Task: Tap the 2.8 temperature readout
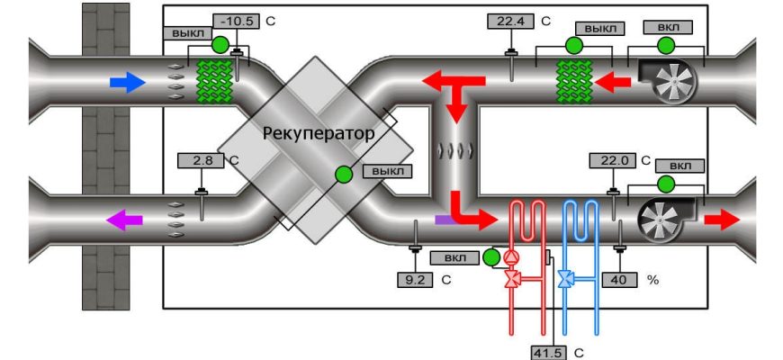tap(202, 161)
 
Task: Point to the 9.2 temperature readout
tap(415, 279)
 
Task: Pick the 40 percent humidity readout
tap(618, 279)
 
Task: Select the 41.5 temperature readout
tap(547, 352)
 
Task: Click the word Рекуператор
tap(316, 133)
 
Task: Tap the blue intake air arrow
tap(127, 84)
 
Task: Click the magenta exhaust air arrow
tap(123, 219)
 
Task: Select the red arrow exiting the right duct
tap(722, 219)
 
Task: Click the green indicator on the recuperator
tap(344, 175)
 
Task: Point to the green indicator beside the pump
tap(490, 258)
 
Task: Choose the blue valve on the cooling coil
tap(564, 280)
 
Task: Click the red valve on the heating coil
tap(513, 280)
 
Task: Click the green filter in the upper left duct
tap(215, 82)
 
